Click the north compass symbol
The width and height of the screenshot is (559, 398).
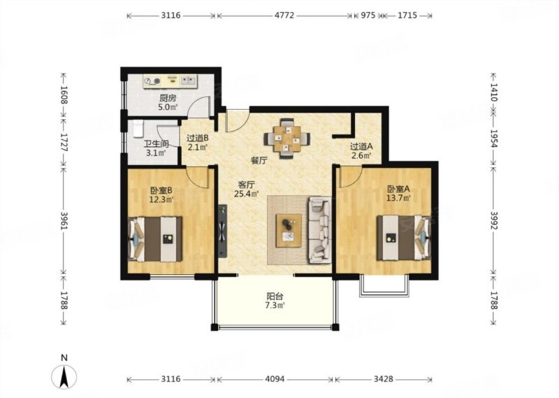click(x=64, y=377)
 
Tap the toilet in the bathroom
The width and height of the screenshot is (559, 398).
click(x=138, y=129)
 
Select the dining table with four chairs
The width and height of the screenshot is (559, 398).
click(x=286, y=138)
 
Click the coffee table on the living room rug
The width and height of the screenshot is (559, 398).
click(x=289, y=230)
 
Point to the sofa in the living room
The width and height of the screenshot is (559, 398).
click(x=319, y=230)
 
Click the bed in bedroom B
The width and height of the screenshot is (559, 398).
click(x=155, y=239)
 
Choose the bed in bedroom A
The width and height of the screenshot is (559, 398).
click(x=404, y=237)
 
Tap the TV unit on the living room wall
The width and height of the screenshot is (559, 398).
click(x=222, y=231)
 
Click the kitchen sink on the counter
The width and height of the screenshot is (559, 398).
click(x=188, y=80)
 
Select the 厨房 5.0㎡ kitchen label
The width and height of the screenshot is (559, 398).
click(x=168, y=102)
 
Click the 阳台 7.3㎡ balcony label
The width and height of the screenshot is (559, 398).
click(x=275, y=301)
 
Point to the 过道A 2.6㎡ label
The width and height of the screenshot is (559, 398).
click(x=361, y=150)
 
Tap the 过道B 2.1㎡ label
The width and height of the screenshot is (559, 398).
click(x=197, y=142)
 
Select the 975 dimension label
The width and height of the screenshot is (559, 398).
click(x=368, y=15)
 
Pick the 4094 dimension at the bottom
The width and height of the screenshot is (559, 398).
click(x=275, y=378)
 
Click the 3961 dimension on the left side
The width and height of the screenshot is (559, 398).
click(x=64, y=221)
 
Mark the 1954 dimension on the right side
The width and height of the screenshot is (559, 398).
click(x=494, y=138)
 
